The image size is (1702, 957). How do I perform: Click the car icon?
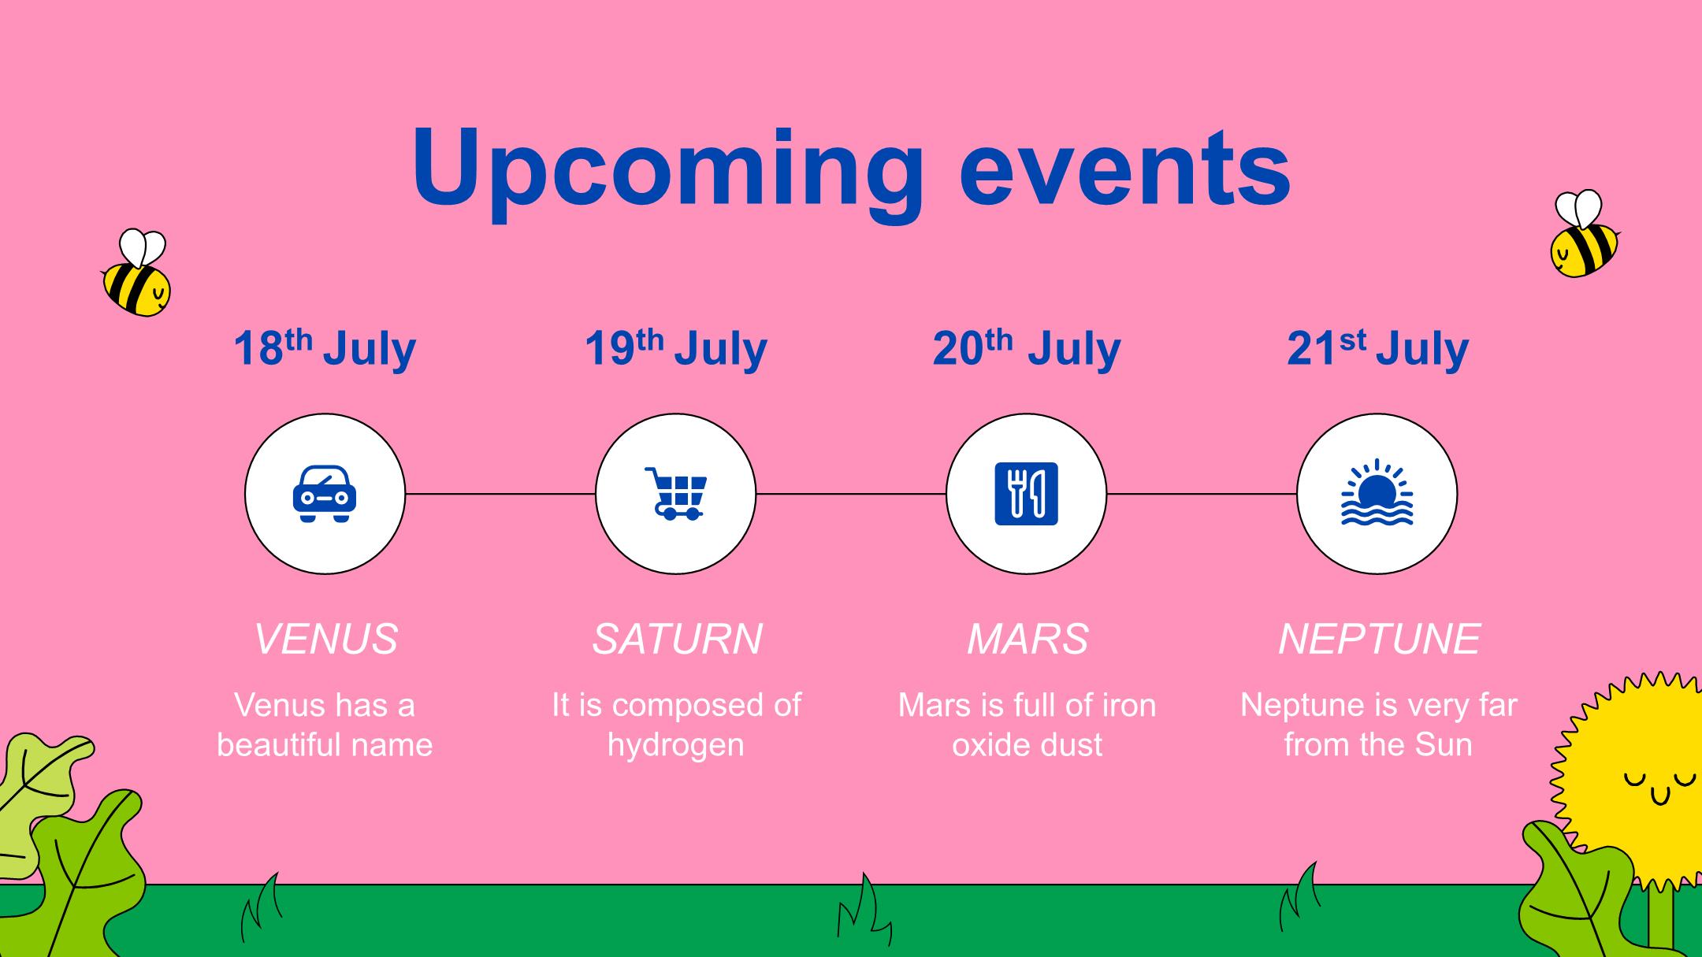pos(325,494)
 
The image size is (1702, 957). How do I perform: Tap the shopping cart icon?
pos(675,494)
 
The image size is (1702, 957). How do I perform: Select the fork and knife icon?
pos(1027,494)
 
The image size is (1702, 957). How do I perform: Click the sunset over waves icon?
pos(1377,492)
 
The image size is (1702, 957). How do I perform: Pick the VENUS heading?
pos(325,639)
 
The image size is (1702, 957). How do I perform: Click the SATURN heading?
pos(677,639)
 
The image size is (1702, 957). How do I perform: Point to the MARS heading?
pos(1028,639)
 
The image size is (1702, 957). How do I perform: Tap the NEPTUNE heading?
pos(1379,639)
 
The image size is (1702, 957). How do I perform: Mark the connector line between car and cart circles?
pos(500,494)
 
